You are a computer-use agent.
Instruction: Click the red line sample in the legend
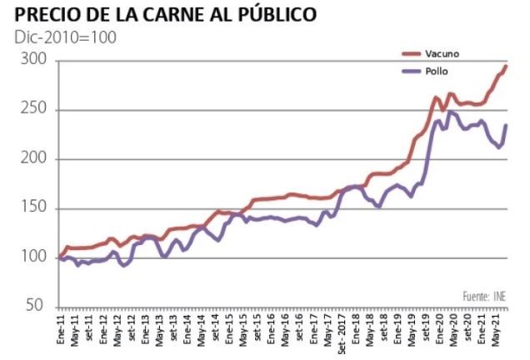(x=411, y=54)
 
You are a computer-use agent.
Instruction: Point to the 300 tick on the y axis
(x=34, y=62)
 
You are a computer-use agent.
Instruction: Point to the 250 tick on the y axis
(x=34, y=111)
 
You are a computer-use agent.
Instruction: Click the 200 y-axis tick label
(x=34, y=159)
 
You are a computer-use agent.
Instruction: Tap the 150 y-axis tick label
(x=34, y=208)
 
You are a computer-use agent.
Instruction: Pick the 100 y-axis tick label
(x=34, y=257)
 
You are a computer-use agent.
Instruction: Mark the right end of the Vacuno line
(x=505, y=66)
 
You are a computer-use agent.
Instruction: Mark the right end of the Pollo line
(x=505, y=125)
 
